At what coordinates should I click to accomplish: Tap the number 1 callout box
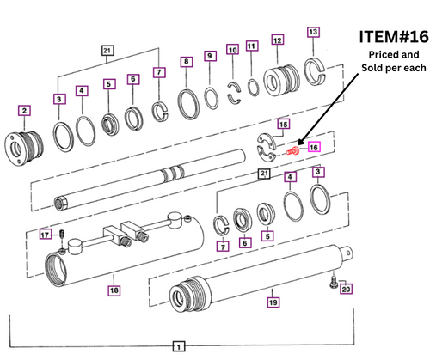click(178, 346)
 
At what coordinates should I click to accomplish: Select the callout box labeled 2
click(25, 110)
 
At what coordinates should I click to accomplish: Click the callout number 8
click(186, 62)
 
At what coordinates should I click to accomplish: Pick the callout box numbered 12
click(277, 40)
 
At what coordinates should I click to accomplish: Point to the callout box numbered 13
click(313, 33)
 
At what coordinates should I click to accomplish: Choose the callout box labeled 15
click(282, 125)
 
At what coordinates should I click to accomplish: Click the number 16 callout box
click(314, 147)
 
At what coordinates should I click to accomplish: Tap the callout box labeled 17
click(46, 235)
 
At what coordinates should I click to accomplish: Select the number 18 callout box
click(114, 290)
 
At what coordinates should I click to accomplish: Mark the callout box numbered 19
click(273, 302)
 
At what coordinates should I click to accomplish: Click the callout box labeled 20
click(345, 289)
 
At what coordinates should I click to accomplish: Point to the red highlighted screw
click(294, 150)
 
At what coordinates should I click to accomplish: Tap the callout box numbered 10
click(232, 51)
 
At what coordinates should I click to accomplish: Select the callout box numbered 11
click(252, 46)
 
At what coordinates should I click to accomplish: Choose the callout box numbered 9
click(210, 57)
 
